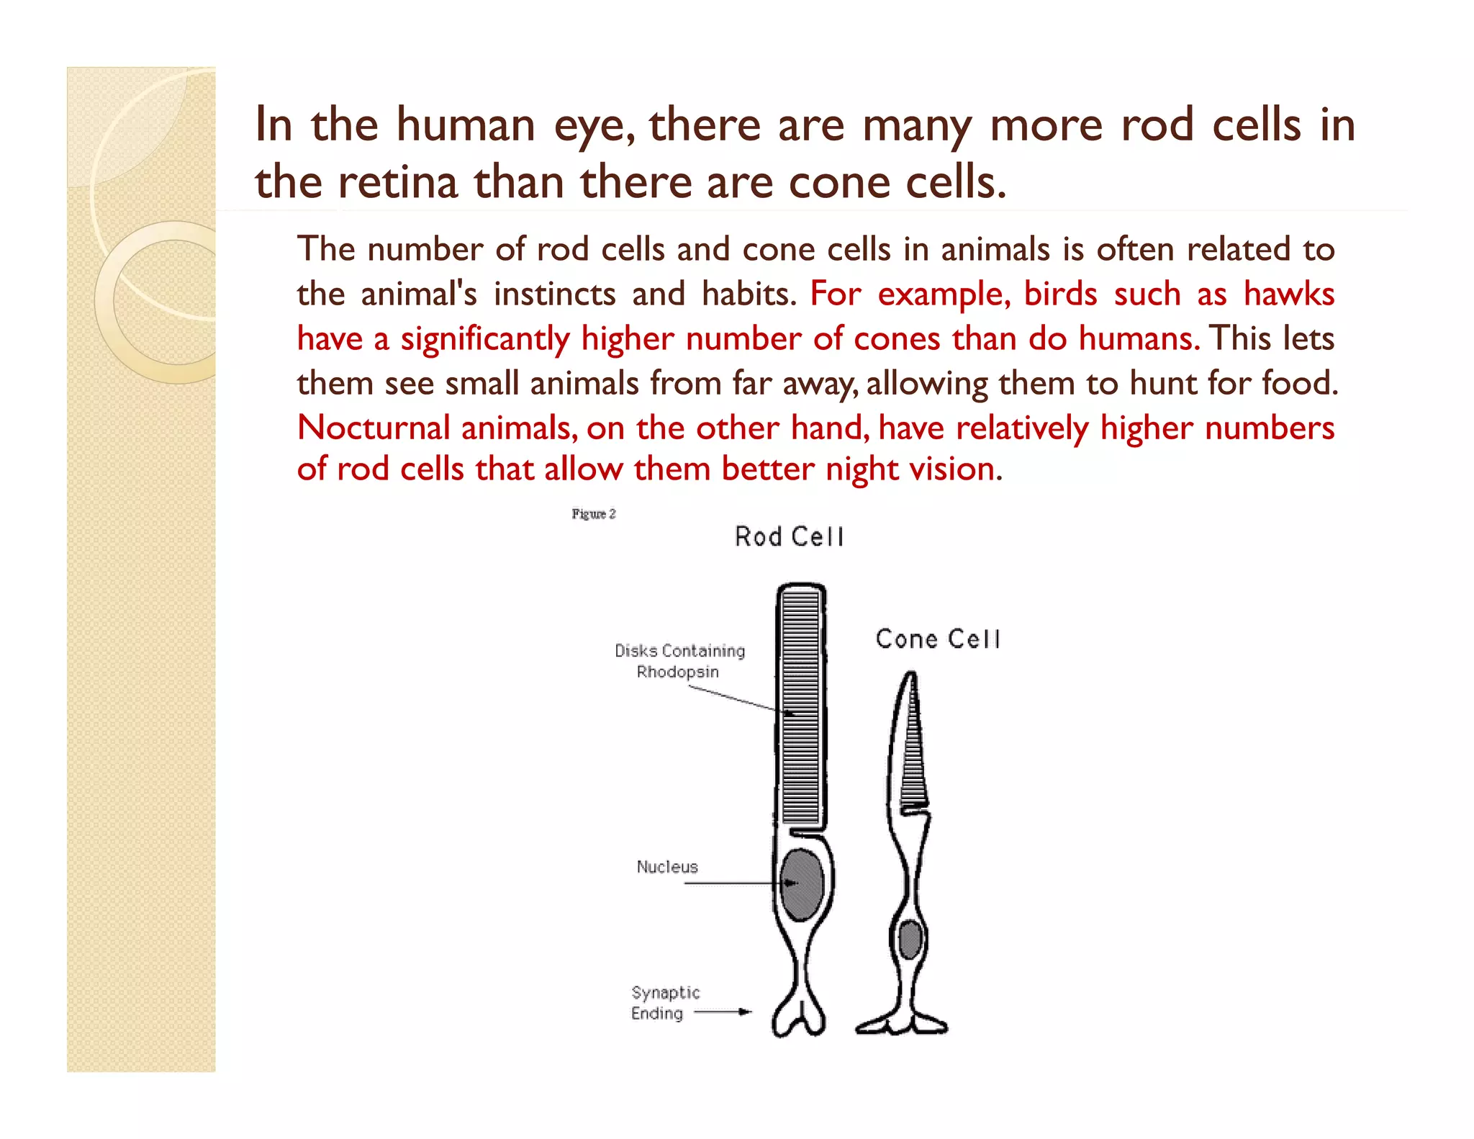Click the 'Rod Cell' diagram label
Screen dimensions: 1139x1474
789,537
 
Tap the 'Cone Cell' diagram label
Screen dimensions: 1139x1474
938,639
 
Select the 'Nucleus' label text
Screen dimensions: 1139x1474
667,867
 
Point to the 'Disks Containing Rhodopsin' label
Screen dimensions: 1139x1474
679,661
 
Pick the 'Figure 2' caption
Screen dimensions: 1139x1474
594,514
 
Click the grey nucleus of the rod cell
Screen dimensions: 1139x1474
802,884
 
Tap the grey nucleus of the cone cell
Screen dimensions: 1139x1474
910,939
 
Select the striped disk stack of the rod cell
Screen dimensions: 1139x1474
801,706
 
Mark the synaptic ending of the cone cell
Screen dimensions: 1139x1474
902,1022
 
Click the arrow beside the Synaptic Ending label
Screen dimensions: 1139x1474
723,1012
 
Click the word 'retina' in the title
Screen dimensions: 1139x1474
398,181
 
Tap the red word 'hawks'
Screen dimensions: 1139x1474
1289,294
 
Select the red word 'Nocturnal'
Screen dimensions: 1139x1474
374,428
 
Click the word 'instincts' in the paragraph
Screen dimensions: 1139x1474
554,294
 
